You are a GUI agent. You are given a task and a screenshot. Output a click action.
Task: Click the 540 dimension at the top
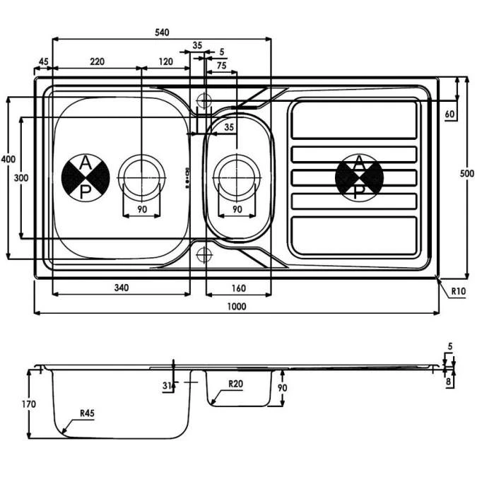(161, 32)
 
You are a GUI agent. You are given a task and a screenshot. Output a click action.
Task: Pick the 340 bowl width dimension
(121, 287)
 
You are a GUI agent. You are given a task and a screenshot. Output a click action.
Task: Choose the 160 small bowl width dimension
(237, 287)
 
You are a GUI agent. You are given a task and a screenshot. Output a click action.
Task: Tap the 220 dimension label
(97, 62)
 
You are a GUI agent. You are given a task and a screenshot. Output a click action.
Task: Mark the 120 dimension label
(166, 62)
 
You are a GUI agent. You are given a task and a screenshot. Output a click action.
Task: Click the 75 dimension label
(221, 66)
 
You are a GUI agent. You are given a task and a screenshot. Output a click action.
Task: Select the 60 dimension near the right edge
(450, 113)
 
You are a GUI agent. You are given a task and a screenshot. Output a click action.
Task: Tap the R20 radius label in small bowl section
(237, 384)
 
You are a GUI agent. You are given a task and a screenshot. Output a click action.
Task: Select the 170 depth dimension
(28, 404)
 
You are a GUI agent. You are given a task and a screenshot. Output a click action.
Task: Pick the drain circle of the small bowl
(237, 173)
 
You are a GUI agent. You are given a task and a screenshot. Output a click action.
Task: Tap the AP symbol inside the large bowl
(85, 177)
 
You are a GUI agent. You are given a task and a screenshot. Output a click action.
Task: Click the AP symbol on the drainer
(359, 177)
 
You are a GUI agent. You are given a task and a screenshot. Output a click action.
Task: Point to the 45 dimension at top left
(43, 62)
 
